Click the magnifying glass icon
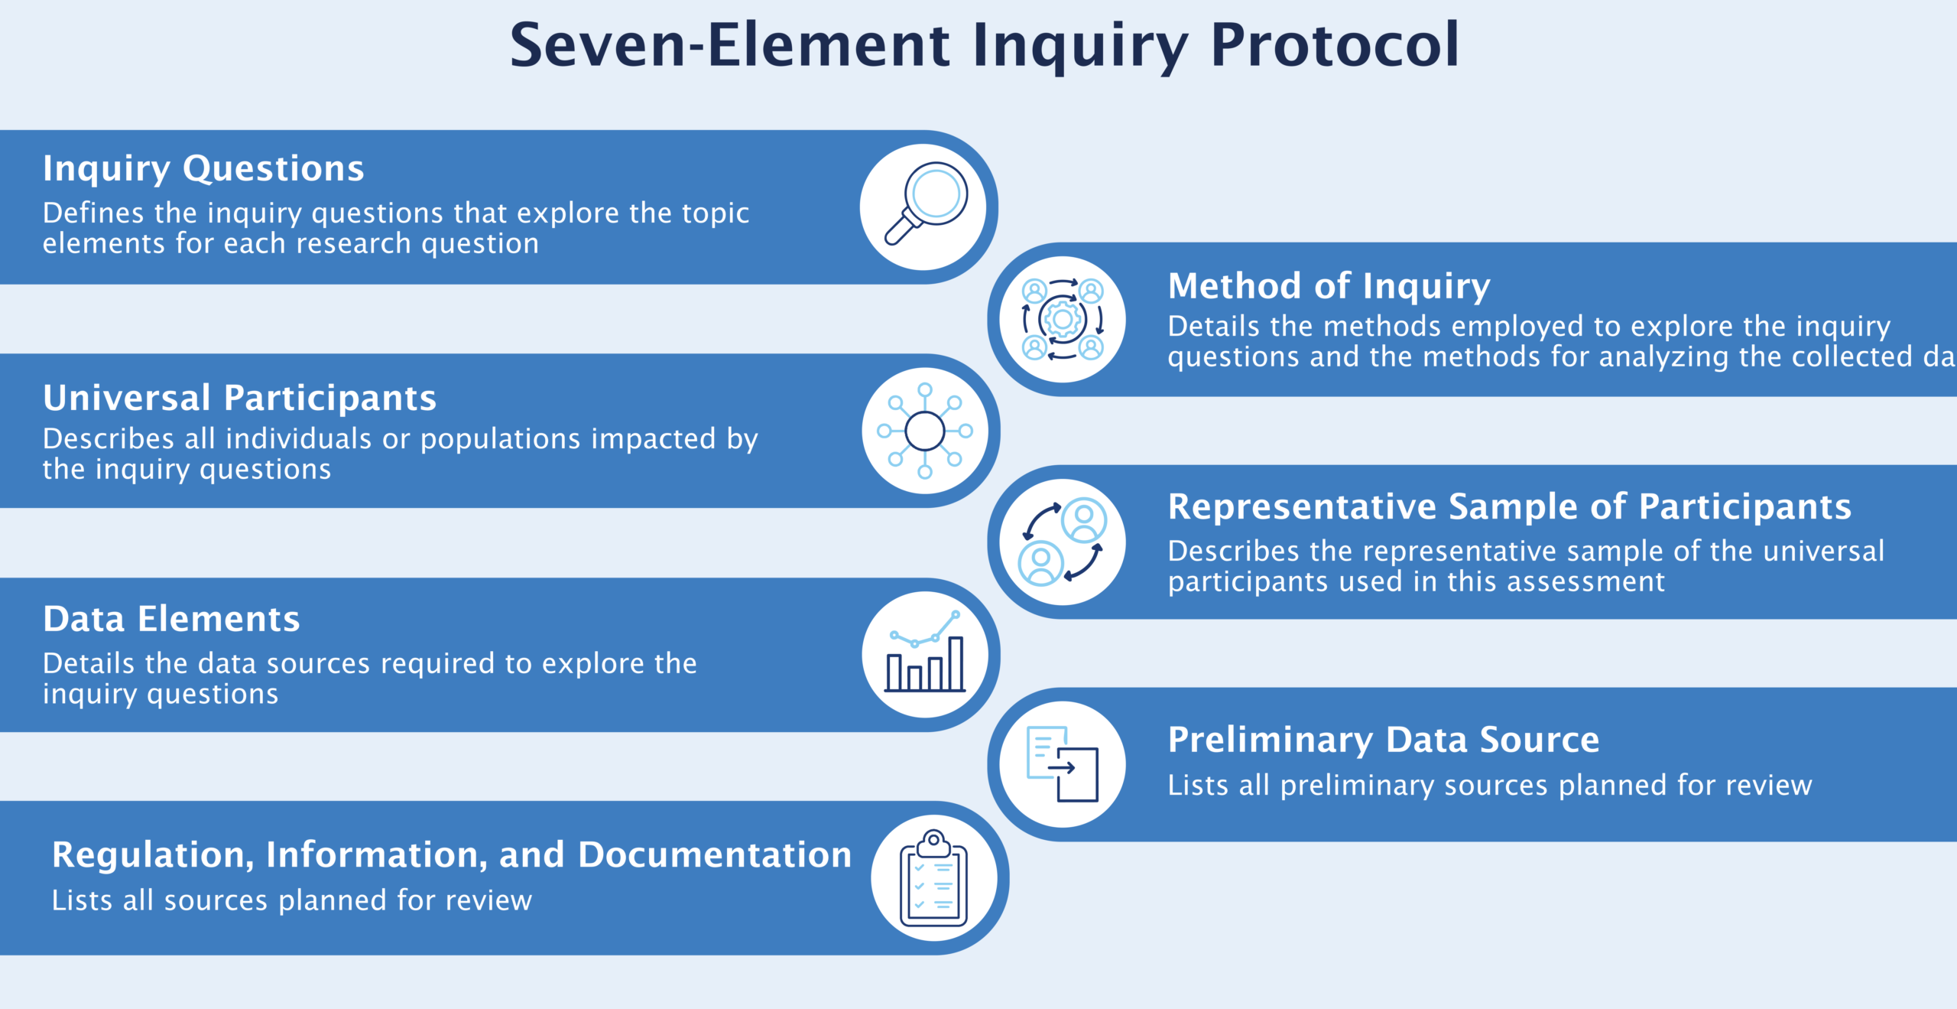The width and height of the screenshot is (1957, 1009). (x=926, y=203)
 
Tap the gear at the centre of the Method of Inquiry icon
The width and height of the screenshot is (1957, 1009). (x=1063, y=319)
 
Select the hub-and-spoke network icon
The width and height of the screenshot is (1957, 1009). (x=925, y=431)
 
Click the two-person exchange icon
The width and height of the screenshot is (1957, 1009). (x=1063, y=542)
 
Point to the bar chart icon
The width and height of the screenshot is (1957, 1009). (x=925, y=654)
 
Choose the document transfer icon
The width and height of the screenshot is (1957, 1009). (x=1063, y=764)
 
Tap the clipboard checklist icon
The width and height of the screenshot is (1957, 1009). (x=933, y=878)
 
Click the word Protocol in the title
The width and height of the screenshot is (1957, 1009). (x=1335, y=46)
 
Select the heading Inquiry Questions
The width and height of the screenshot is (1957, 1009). (x=203, y=168)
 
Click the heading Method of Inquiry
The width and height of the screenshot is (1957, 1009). (x=1329, y=286)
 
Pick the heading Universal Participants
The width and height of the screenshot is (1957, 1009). (x=239, y=398)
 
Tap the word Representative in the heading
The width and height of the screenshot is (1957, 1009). (x=1302, y=506)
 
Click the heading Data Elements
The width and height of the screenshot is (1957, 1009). (x=171, y=619)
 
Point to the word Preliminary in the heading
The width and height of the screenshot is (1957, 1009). (x=1270, y=740)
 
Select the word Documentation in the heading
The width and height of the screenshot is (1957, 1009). (x=714, y=854)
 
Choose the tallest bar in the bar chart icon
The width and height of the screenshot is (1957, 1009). (x=956, y=664)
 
